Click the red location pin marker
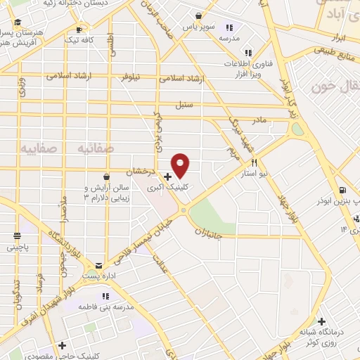[x=181, y=165]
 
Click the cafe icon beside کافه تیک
[x=79, y=30]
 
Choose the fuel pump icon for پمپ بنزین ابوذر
[x=342, y=190]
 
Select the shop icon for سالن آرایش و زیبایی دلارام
[x=105, y=176]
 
